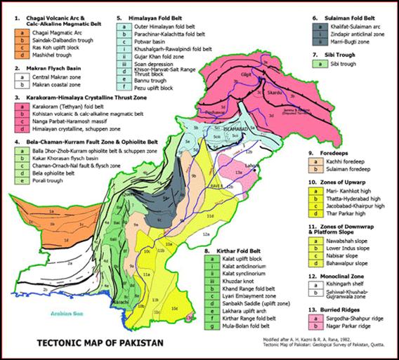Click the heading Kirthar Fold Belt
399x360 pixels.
(x=234, y=250)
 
